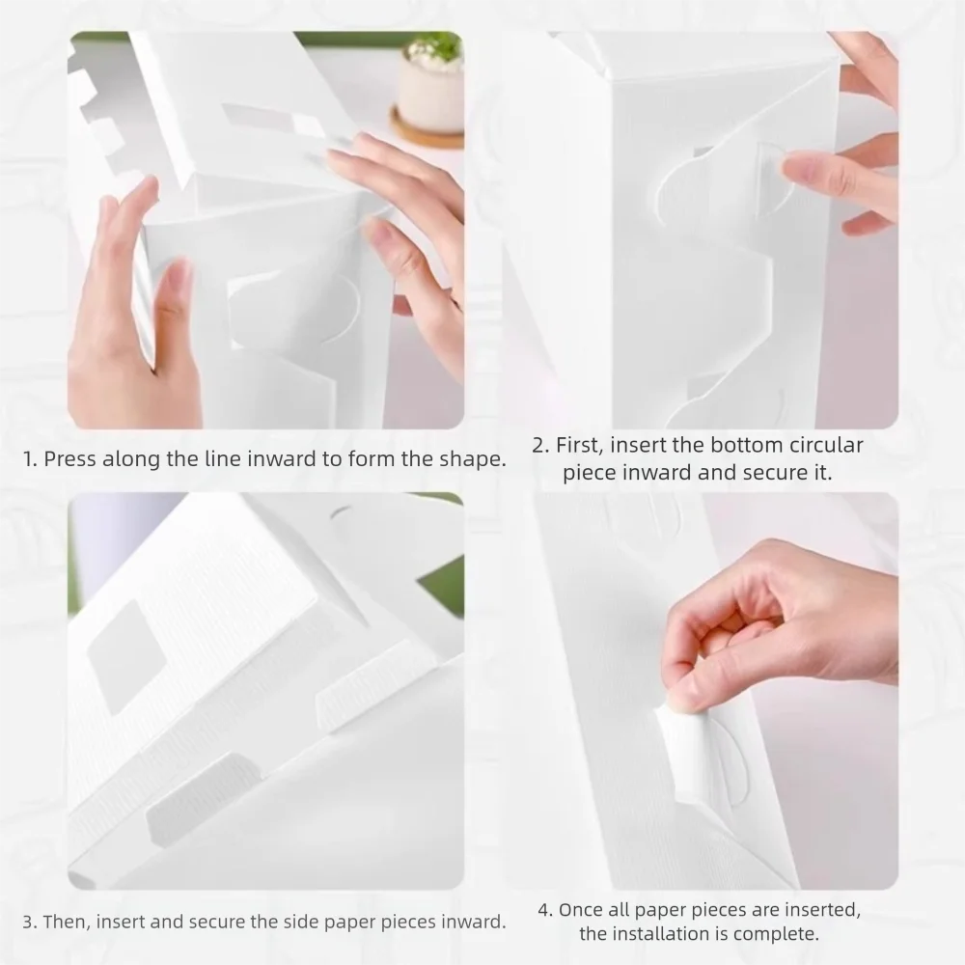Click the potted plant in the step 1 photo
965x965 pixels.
[x=430, y=82]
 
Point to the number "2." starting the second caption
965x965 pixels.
[x=541, y=446]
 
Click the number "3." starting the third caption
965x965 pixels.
[x=31, y=923]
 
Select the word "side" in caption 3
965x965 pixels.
[x=291, y=923]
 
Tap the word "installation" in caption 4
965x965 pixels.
[x=668, y=934]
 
